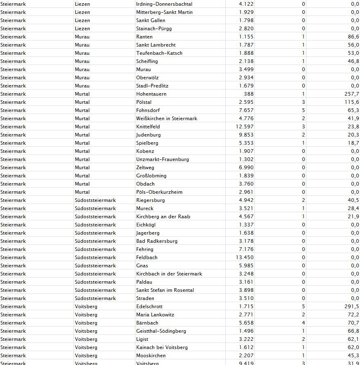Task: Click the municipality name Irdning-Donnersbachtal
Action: (164, 4)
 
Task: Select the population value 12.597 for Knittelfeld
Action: (245, 127)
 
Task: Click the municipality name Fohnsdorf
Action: (148, 110)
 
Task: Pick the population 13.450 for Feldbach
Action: (245, 258)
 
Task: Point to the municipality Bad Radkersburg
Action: (157, 241)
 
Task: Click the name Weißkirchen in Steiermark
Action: (166, 119)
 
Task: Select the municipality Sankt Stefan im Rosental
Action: (165, 290)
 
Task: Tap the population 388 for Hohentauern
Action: (248, 94)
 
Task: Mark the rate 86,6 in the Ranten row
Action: (353, 37)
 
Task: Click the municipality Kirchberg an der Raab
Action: (163, 217)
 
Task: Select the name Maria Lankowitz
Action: (155, 315)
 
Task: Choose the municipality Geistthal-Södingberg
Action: (161, 331)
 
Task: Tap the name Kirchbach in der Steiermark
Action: (169, 274)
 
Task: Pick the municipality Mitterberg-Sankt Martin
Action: (164, 12)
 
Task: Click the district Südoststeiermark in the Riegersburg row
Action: (95, 200)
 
